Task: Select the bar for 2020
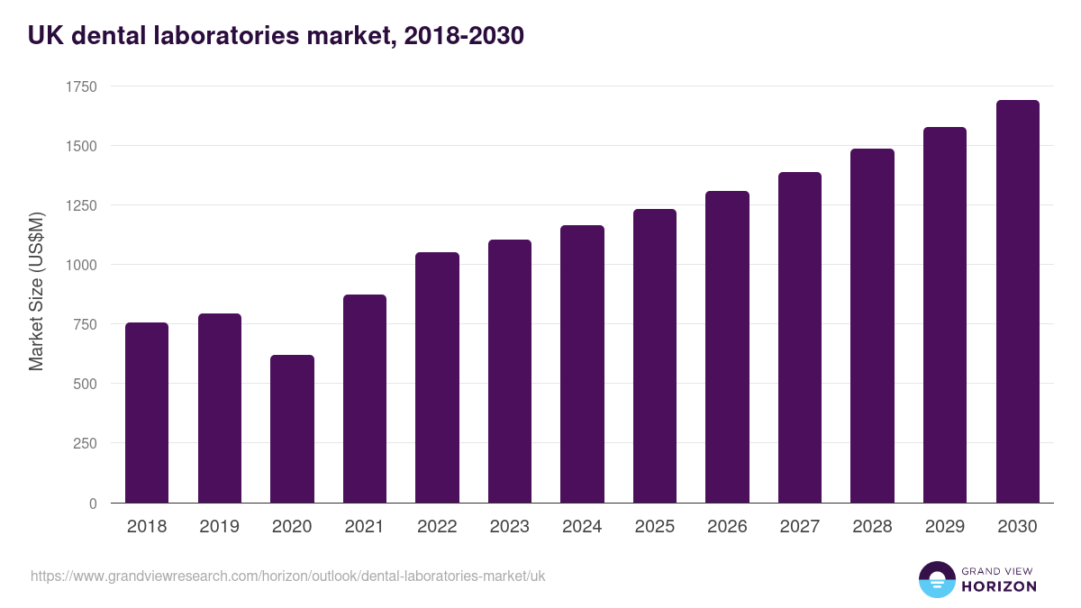[x=292, y=429]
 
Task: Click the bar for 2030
[x=1017, y=302]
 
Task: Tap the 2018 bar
[x=147, y=413]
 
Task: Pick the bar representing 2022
[x=437, y=377]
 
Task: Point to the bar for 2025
[x=655, y=356]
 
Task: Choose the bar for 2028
[x=872, y=326]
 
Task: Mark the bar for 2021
[x=365, y=398]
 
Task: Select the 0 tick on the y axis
[x=93, y=504]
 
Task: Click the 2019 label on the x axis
[x=220, y=527]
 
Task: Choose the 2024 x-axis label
[x=582, y=527]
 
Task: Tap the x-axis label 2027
[x=800, y=527]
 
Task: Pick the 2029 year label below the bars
[x=945, y=527]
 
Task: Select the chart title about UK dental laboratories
[x=276, y=36]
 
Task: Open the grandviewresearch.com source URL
[x=288, y=576]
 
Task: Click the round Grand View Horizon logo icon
[x=937, y=579]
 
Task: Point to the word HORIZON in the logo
[x=999, y=586]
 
